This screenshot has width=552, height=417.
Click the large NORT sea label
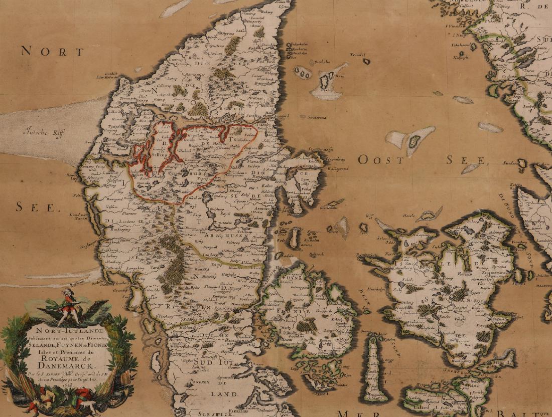point(53,52)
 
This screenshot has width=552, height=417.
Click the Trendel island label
point(356,55)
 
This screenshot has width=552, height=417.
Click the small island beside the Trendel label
point(367,62)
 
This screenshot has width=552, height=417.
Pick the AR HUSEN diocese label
point(227,232)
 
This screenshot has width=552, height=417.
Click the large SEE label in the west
point(37,206)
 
